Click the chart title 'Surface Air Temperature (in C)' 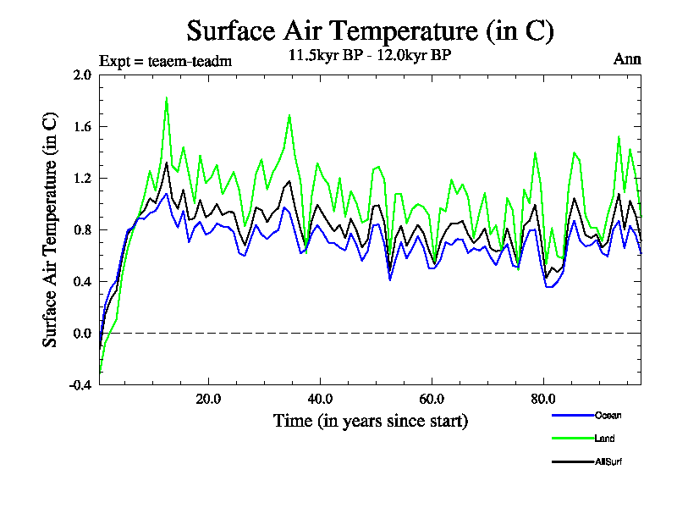point(370,31)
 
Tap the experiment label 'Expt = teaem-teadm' point(165,60)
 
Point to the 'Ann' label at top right point(627,59)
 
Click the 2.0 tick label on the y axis point(82,75)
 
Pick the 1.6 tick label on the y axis point(82,126)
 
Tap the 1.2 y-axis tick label point(82,178)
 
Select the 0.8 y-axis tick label point(82,229)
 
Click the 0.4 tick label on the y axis point(82,281)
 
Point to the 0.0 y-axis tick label point(82,333)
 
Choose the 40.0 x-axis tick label point(319,398)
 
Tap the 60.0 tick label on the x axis point(431,398)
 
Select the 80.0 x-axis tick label point(542,398)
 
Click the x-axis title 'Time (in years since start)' point(370,420)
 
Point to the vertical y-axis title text point(50,229)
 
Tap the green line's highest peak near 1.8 point(166,97)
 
